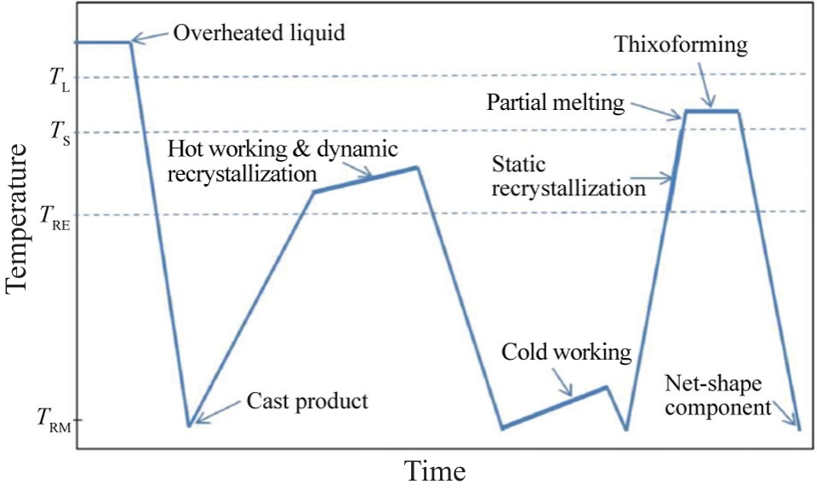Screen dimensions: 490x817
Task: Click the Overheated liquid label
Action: (x=260, y=34)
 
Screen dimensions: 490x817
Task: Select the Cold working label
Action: (x=566, y=352)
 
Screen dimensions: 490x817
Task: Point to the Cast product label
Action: (x=307, y=401)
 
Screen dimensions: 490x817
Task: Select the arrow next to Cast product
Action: (x=216, y=411)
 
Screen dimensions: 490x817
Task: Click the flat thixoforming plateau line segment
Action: (x=711, y=111)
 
